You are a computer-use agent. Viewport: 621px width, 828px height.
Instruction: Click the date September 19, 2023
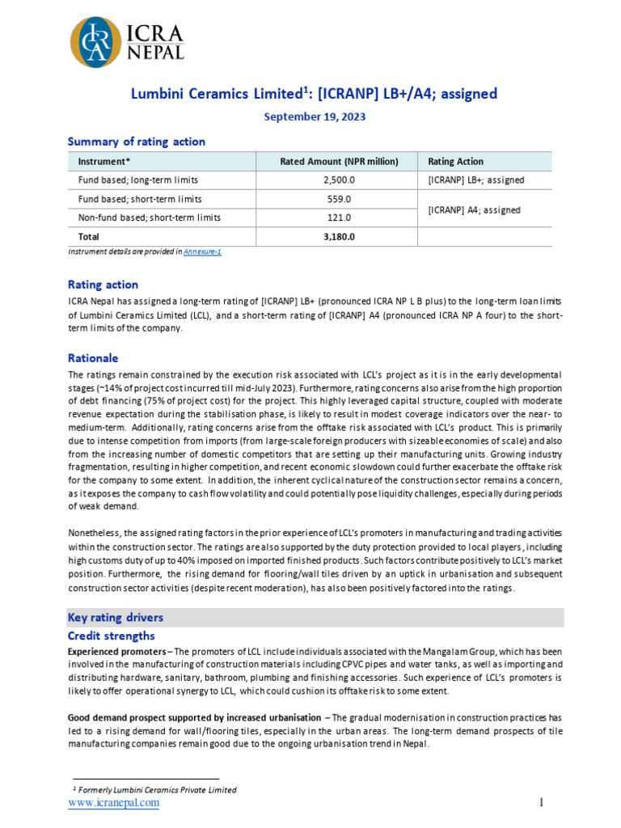(315, 116)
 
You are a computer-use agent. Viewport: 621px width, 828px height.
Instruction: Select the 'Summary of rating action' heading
(136, 142)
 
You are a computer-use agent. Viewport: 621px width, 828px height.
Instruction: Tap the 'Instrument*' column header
(104, 162)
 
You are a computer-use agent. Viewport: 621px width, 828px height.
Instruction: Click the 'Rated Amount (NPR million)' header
(339, 162)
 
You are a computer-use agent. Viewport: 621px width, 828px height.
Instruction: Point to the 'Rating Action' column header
(455, 162)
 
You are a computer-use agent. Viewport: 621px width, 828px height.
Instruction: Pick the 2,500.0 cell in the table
(339, 180)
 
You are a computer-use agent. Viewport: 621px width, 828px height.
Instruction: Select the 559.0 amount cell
(339, 199)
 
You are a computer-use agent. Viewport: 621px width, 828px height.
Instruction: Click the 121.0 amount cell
(339, 218)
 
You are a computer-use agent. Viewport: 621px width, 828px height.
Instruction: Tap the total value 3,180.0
(339, 237)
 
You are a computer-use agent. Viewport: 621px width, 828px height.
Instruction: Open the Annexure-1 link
(202, 252)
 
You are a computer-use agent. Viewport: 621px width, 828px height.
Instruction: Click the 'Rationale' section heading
(93, 358)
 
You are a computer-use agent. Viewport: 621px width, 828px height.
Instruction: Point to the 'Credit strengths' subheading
(111, 636)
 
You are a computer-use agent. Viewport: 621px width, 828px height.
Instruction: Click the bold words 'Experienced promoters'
(118, 652)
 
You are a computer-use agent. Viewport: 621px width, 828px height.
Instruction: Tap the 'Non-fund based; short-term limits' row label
(149, 218)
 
